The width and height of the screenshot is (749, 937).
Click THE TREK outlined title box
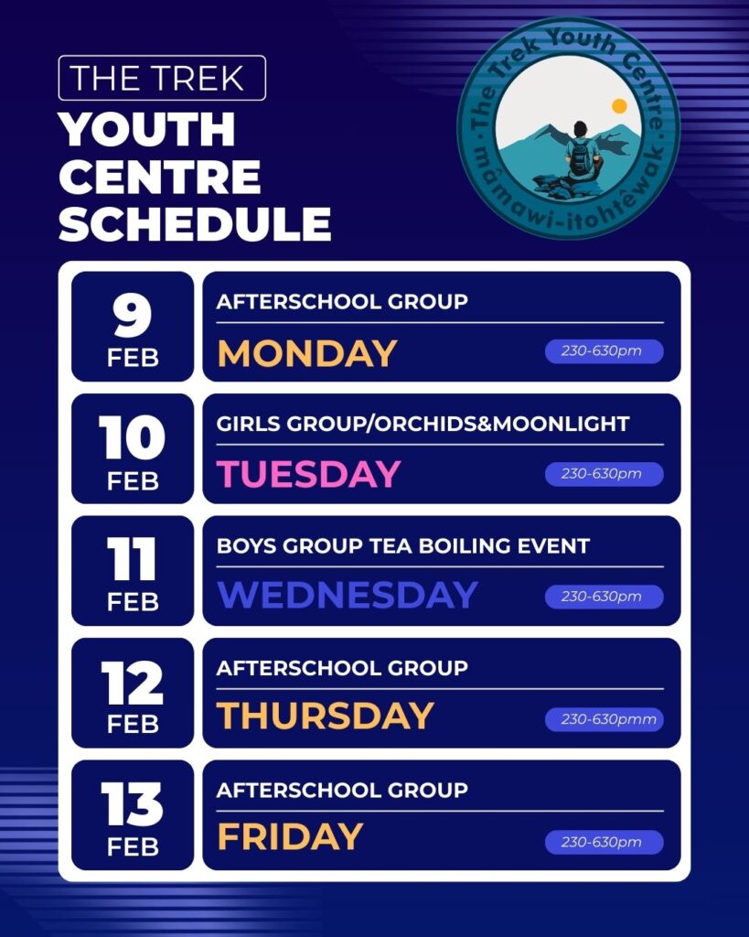(x=162, y=78)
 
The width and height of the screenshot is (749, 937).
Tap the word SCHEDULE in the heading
(x=195, y=224)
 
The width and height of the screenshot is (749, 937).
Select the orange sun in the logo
(x=619, y=106)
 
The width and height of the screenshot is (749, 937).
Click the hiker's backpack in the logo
(x=580, y=156)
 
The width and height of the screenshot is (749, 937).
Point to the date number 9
(x=132, y=316)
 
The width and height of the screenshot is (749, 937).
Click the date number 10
(x=132, y=438)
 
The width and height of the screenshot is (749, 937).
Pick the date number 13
(x=132, y=803)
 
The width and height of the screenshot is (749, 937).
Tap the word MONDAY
(x=307, y=352)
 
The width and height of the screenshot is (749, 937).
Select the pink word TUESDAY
(x=308, y=474)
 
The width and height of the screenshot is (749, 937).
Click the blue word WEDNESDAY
(x=347, y=595)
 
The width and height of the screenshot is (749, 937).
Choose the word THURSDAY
(x=325, y=716)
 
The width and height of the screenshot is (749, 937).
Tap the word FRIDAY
(x=290, y=836)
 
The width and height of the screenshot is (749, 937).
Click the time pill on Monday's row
(x=604, y=350)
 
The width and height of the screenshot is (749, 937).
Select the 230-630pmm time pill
(x=604, y=719)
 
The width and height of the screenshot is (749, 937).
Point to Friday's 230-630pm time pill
(x=604, y=842)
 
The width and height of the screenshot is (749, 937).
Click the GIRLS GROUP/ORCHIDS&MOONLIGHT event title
(x=423, y=424)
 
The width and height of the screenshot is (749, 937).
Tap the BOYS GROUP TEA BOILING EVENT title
(x=403, y=545)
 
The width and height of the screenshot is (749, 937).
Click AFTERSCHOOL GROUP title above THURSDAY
(x=342, y=667)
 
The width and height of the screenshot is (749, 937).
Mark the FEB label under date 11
(x=133, y=602)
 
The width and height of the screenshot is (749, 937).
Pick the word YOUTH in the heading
(x=147, y=129)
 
